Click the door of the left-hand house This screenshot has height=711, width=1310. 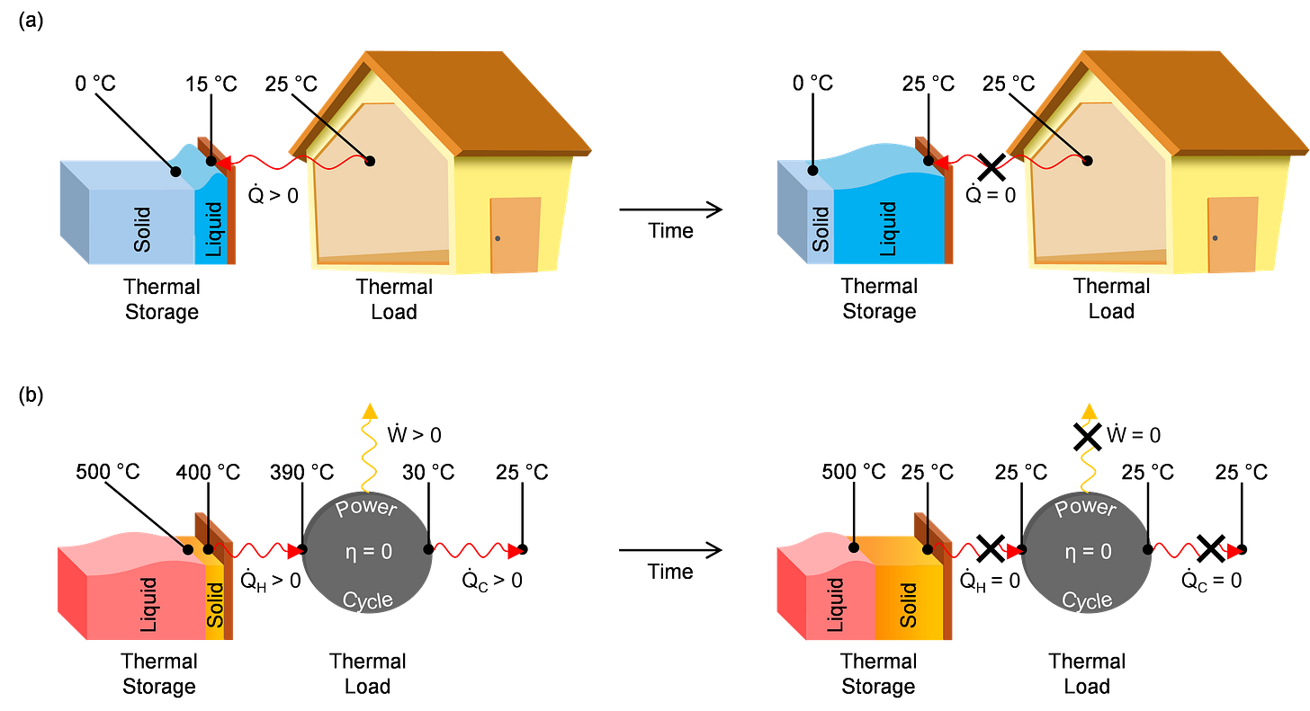tap(515, 236)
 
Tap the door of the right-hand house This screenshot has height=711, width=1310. tap(1233, 236)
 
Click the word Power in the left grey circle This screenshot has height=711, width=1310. tap(365, 508)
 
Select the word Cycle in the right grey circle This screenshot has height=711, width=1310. tap(1087, 600)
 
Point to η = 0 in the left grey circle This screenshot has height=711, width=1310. tap(368, 552)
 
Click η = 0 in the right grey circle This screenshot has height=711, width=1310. tap(1087, 552)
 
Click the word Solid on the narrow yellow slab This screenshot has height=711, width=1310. tap(215, 607)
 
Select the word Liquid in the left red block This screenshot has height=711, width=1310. tap(148, 605)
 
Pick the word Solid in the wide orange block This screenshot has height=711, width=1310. tap(909, 605)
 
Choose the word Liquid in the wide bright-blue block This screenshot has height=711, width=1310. tap(887, 229)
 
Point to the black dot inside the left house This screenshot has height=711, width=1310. tap(369, 162)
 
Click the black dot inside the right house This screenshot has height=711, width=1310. tap(1088, 162)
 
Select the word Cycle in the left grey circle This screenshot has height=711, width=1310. tap(367, 600)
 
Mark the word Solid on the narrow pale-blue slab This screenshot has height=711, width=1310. tap(821, 229)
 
